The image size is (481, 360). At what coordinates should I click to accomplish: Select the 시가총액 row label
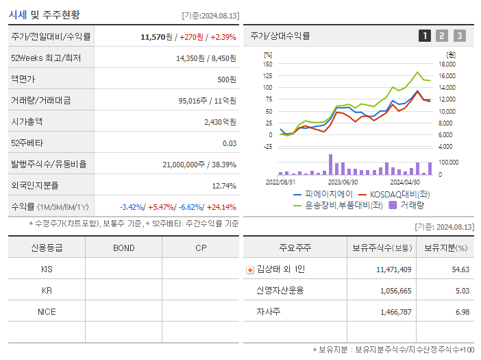(27, 121)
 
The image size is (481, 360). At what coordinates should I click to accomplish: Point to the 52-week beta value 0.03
(230, 143)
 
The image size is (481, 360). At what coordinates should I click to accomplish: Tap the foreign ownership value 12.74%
(224, 185)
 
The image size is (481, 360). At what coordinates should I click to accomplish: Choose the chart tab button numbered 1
(425, 36)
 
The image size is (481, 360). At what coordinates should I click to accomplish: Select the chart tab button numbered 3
(459, 36)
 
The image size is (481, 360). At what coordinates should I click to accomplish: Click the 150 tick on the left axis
(267, 64)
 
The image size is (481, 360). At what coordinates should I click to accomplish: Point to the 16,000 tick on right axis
(447, 75)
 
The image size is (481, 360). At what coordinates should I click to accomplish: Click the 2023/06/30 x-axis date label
(343, 182)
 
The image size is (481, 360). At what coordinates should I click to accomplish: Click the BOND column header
(123, 248)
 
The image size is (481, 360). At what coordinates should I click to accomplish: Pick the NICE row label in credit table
(47, 311)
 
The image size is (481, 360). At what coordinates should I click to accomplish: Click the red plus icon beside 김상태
(249, 269)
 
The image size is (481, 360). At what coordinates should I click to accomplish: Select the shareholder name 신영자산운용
(280, 290)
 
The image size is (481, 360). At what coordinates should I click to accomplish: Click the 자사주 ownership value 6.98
(462, 311)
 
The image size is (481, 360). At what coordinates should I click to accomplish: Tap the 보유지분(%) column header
(445, 248)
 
